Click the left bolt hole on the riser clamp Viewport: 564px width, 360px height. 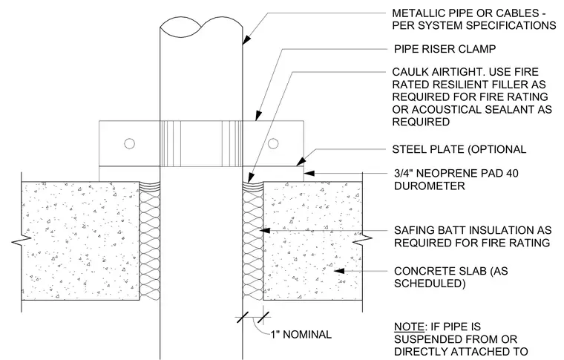[129, 143]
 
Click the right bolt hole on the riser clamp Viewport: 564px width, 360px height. [273, 143]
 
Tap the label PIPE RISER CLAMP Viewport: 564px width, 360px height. [445, 49]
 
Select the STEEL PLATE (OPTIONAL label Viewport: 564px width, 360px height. [459, 149]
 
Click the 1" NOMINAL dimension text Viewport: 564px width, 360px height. [301, 335]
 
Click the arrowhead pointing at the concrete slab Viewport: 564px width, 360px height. [339, 271]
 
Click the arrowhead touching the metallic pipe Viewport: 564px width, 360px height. [246, 39]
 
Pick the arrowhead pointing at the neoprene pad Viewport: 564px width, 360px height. [309, 174]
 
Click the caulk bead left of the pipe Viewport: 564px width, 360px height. [150, 186]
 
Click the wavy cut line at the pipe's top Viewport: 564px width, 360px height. [201, 26]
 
